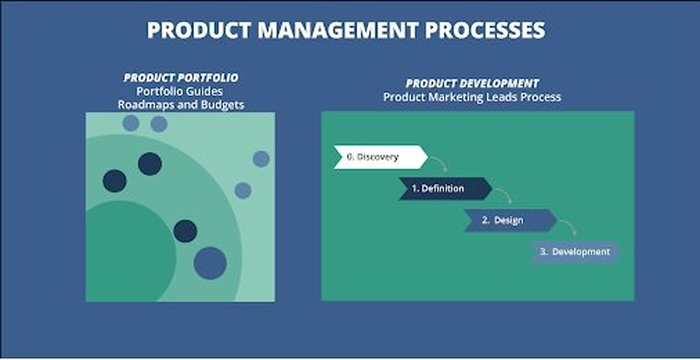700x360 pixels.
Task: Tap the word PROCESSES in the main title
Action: [x=485, y=31]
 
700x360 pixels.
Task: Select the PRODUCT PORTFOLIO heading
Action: [x=181, y=78]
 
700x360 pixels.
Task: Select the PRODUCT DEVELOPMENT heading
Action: [x=472, y=84]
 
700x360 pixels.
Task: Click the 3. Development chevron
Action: [x=575, y=252]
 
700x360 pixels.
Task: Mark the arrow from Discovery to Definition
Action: [x=439, y=162]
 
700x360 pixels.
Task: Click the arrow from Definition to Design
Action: [x=504, y=194]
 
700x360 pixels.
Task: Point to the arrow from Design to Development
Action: [x=568, y=227]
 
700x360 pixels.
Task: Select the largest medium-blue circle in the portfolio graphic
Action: [x=210, y=263]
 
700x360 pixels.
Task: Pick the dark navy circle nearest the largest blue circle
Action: [x=185, y=231]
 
